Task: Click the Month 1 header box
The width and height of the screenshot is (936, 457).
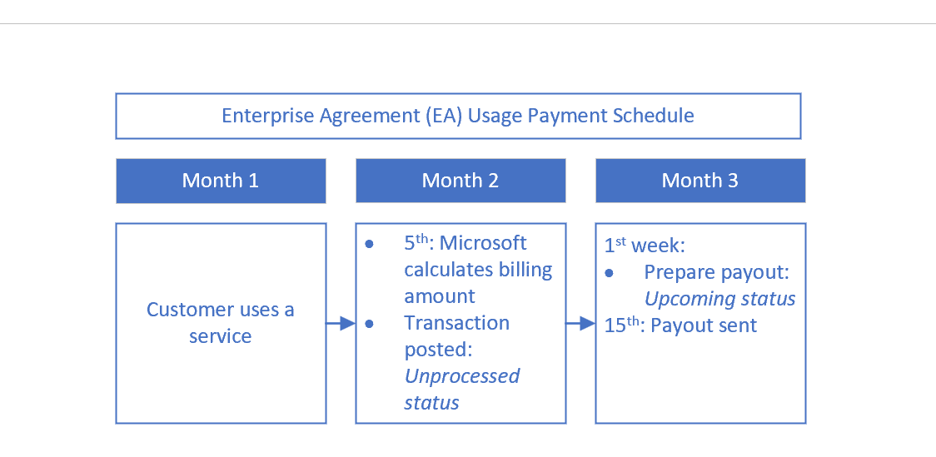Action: click(221, 181)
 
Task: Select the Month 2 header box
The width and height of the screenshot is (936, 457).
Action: click(461, 181)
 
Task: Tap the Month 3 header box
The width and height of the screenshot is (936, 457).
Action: click(700, 181)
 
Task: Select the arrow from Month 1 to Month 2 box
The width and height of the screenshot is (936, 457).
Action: click(341, 323)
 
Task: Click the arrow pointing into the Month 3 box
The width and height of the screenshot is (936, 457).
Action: click(580, 323)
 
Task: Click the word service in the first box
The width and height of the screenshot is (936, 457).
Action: click(221, 336)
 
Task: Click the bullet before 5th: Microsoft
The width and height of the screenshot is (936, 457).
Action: click(370, 244)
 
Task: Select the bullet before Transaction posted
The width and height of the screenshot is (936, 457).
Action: click(370, 323)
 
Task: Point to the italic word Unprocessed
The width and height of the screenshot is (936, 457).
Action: click(462, 376)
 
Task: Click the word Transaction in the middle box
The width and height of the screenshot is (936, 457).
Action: click(456, 323)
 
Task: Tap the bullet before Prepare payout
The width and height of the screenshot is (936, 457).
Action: click(609, 273)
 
